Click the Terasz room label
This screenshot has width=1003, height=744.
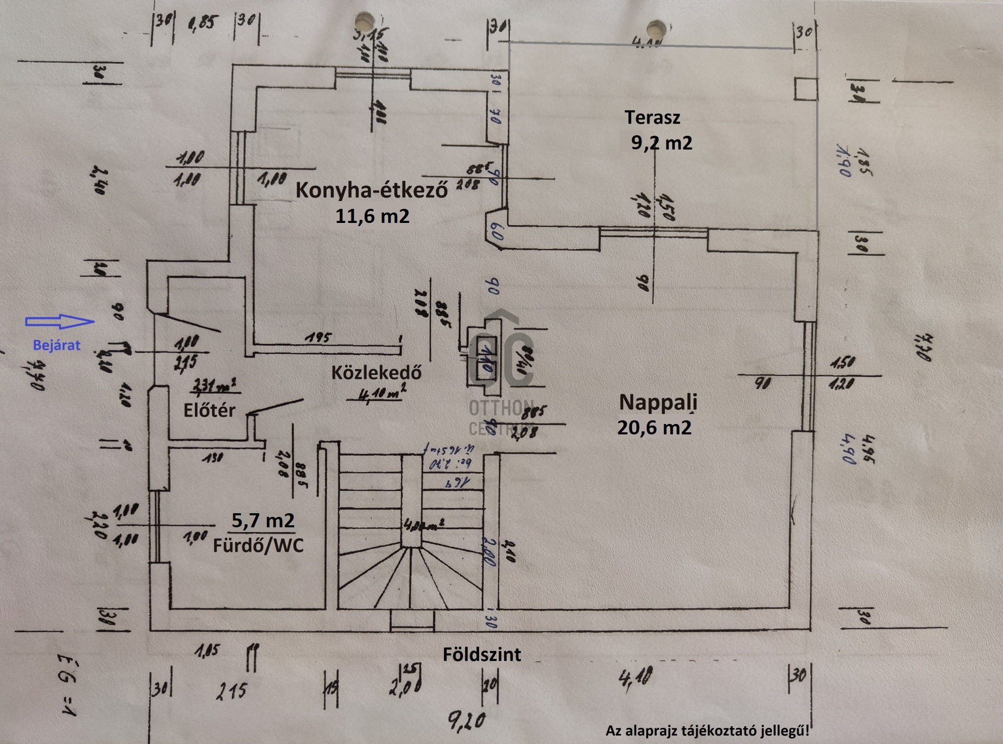(652, 117)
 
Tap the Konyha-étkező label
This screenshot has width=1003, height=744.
(371, 190)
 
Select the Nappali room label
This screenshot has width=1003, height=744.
(658, 402)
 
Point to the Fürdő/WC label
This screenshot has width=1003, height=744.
(258, 546)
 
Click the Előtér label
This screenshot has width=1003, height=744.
(209, 410)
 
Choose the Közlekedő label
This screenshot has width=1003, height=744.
(376, 372)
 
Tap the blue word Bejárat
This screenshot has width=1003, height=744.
(56, 345)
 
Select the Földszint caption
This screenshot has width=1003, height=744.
(482, 655)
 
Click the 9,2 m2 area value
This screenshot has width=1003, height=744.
(661, 143)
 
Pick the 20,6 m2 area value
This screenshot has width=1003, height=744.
(654, 428)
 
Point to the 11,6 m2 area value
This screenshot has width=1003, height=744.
(372, 216)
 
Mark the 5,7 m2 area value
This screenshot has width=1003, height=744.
(263, 520)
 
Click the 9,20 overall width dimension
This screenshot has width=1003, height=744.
(466, 721)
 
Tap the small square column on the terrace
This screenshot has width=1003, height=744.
(806, 89)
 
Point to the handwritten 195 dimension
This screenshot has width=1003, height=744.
(318, 338)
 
